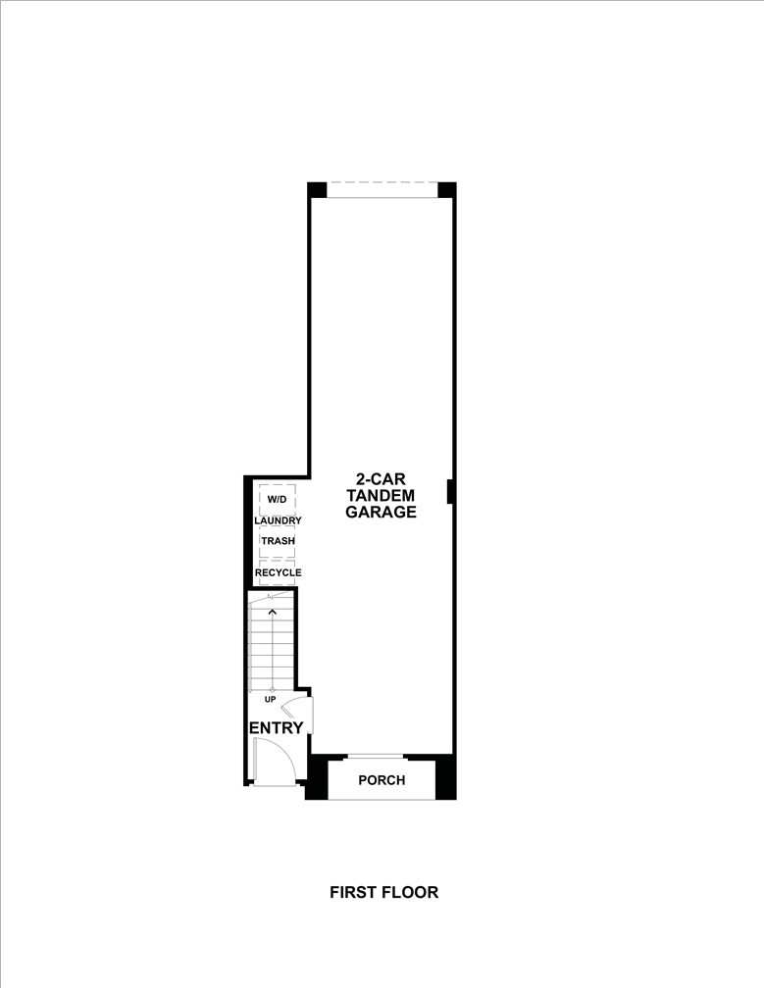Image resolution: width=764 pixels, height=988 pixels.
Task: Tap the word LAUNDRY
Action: (278, 520)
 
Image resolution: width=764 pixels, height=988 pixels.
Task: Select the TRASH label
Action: (278, 540)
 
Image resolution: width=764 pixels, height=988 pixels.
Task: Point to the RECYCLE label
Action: (278, 572)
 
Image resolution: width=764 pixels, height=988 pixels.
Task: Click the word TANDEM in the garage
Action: (382, 496)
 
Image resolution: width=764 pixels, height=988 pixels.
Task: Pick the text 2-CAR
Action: (382, 480)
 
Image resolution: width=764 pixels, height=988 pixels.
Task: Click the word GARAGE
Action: (382, 512)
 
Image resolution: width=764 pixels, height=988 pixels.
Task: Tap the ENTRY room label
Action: (276, 727)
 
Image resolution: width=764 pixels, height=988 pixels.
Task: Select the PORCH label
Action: (382, 780)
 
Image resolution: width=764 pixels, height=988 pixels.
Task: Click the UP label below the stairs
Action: (269, 699)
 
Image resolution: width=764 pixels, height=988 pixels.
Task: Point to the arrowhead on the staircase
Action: (272, 613)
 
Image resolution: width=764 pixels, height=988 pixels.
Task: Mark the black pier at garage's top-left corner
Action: (317, 189)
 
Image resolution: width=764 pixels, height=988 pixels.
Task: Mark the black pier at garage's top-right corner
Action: (446, 189)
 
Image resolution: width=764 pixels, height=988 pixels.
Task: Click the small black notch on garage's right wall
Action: (450, 491)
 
